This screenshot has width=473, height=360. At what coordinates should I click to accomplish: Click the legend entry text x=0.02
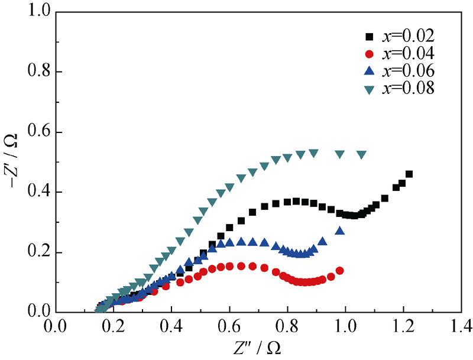coord(409,37)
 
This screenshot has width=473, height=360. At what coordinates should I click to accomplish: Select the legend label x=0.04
coord(409,54)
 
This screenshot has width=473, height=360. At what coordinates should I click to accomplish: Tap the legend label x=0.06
coord(409,71)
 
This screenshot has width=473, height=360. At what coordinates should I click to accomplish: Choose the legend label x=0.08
coord(409,88)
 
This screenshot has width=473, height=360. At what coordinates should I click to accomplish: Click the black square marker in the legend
coord(370,37)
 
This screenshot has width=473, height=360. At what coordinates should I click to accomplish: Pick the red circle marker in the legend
coord(370,54)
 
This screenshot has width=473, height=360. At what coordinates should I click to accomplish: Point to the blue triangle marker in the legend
coord(370,71)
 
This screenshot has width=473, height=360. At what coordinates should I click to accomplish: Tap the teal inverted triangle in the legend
coord(370,89)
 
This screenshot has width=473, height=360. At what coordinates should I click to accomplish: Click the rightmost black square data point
coord(409,174)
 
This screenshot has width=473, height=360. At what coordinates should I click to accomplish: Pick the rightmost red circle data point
coord(339,271)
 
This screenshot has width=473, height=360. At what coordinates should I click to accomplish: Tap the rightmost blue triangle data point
coord(339,231)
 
